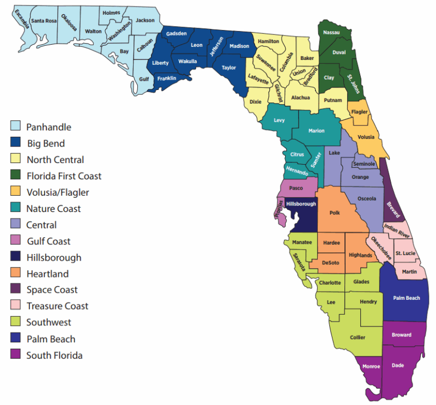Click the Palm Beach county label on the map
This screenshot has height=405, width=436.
pos(407,298)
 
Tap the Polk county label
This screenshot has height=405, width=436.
pos(335,213)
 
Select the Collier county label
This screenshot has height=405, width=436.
pos(358,337)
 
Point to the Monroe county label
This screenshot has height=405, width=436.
pos(371,367)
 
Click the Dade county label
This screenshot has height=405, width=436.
pos(398,365)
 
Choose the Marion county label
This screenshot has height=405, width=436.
pos(316,131)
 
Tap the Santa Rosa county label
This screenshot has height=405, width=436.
pos(44,21)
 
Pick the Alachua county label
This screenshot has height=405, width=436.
pos(300,98)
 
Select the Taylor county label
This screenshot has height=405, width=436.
pos(229,68)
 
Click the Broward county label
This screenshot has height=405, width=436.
pos(402,335)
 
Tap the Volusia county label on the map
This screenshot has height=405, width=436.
pos(365,137)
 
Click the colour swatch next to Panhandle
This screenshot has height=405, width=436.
pos(17,127)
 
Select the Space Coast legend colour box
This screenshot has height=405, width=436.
pos(17,290)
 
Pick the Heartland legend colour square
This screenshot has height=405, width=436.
pos(17,274)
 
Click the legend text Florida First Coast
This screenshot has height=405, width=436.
pos(64,176)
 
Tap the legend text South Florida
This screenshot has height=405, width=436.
pos(55,355)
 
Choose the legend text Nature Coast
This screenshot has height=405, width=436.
pos(53,209)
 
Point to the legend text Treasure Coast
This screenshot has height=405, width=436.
pos(57,306)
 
